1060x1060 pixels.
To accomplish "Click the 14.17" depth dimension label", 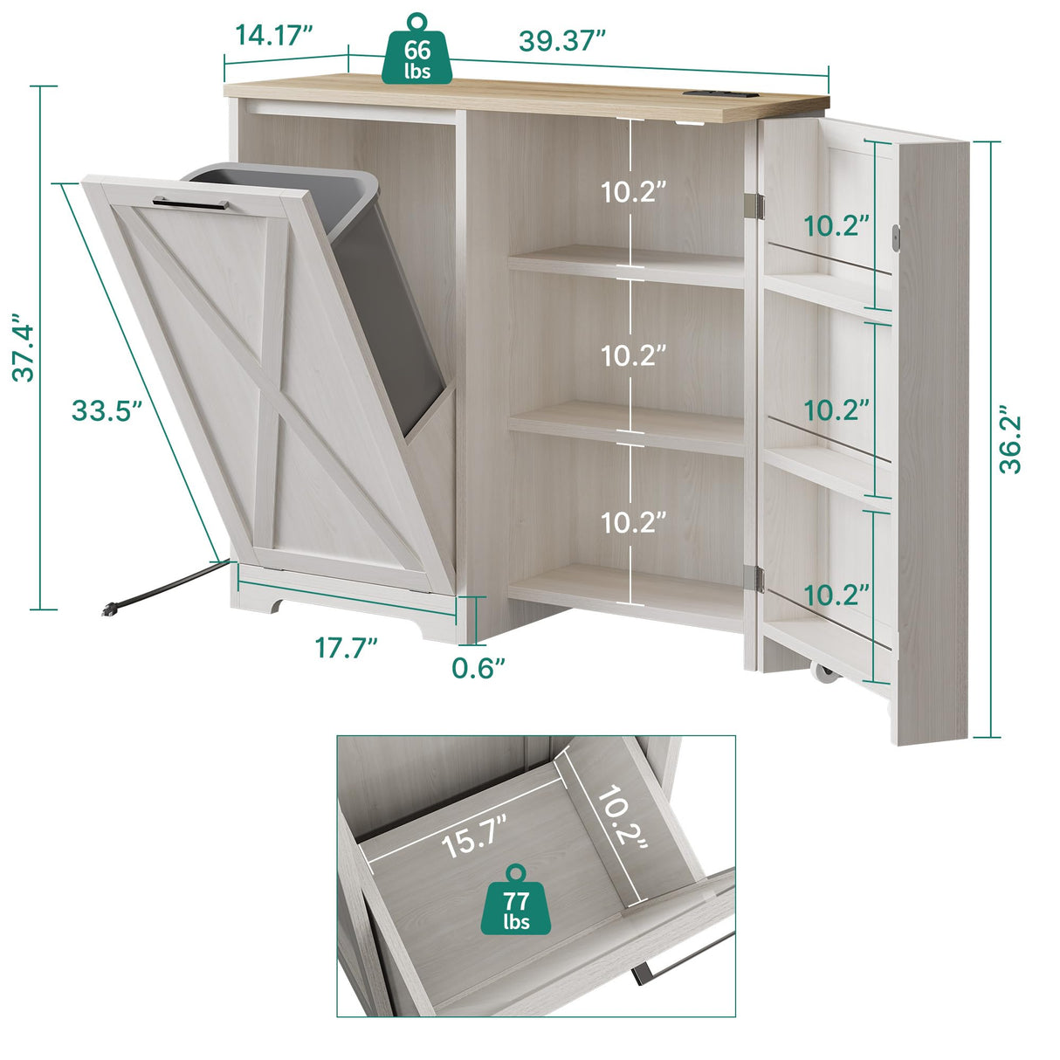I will [x=273, y=36].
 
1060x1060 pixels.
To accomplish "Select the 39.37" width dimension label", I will [x=561, y=40].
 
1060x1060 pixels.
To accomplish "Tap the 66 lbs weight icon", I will [x=417, y=54].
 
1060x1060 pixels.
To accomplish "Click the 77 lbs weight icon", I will [x=517, y=904].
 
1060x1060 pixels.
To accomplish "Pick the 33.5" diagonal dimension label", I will [x=107, y=410].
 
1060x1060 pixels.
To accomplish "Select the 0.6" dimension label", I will [x=478, y=668].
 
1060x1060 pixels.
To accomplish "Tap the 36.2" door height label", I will [x=1009, y=440].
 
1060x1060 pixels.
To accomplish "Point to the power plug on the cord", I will [x=109, y=609].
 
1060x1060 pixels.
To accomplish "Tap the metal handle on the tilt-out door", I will [x=189, y=203].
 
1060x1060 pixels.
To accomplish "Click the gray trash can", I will [x=380, y=279].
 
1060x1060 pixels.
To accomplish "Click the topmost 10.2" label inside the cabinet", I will [x=633, y=191].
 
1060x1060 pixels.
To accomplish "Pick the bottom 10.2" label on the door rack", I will [x=836, y=595].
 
